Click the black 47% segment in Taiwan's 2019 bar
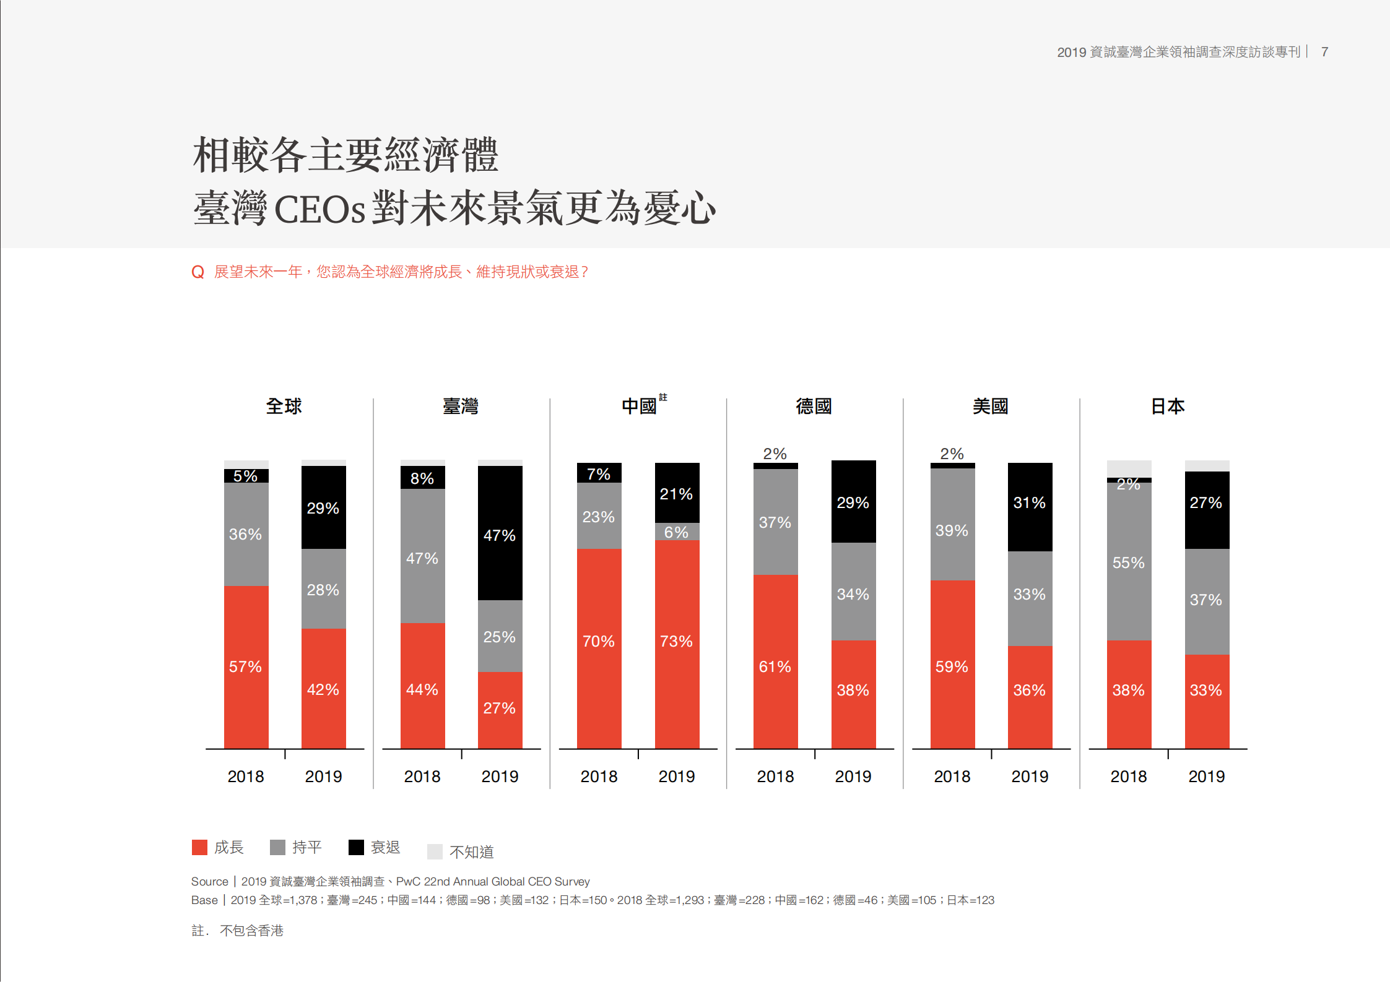click(x=500, y=533)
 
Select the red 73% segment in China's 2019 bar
click(x=677, y=644)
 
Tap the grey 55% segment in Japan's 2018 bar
click(x=1129, y=561)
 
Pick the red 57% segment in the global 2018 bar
click(x=246, y=666)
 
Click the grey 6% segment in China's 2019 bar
click(x=677, y=532)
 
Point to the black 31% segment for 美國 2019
click(x=1030, y=506)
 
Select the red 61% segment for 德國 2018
click(x=775, y=661)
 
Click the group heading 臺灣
click(x=460, y=407)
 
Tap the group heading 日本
click(x=1167, y=407)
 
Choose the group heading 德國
click(x=814, y=407)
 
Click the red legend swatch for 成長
click(x=199, y=847)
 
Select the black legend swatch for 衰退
click(x=356, y=847)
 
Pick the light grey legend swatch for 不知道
click(x=435, y=852)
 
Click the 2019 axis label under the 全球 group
click(x=323, y=777)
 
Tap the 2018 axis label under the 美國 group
click(x=952, y=777)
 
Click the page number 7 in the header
click(x=1324, y=52)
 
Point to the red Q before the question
click(x=198, y=272)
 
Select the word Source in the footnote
click(x=209, y=882)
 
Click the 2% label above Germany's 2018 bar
click(x=775, y=454)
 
